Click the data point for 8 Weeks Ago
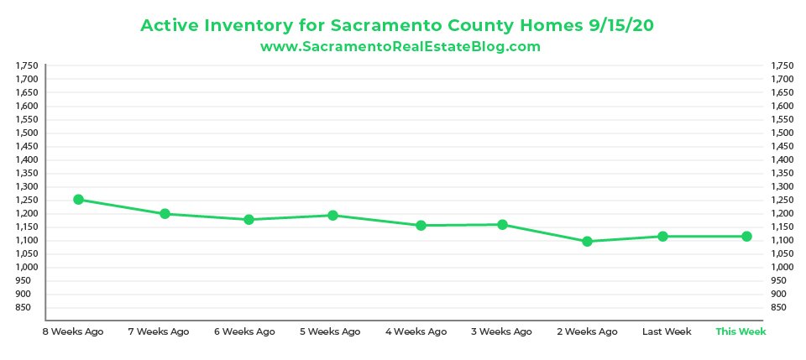78,200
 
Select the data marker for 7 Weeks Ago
165,214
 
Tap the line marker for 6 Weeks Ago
249,220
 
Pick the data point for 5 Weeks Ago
332,216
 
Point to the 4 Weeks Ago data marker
421,226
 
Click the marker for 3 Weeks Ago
502,225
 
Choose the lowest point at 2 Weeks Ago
587,242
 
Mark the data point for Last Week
662,237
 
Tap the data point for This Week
746,237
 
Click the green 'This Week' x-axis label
741,331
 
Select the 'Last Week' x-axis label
667,331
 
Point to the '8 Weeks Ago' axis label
73,331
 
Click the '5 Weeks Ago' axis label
330,331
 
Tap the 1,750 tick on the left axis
27,65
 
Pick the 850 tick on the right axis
780,308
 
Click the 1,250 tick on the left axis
27,200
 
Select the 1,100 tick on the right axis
781,240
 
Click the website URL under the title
400,47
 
